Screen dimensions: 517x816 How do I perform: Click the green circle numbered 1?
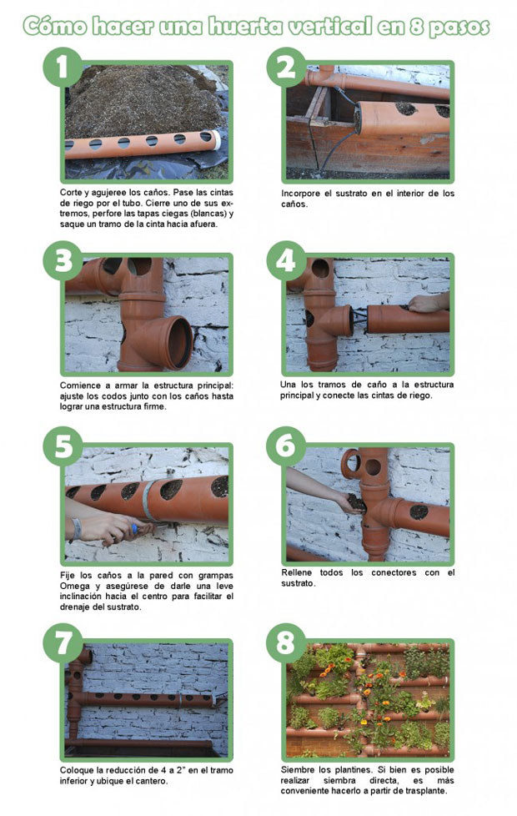coord(63,67)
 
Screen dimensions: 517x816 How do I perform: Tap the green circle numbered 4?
coord(285,260)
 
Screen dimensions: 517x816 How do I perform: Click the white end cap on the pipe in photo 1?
coord(216,139)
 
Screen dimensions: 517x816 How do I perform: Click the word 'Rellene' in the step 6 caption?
coord(297,572)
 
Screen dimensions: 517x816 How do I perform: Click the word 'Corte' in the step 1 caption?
coord(71,193)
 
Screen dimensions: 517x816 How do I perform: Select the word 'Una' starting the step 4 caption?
coord(288,385)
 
